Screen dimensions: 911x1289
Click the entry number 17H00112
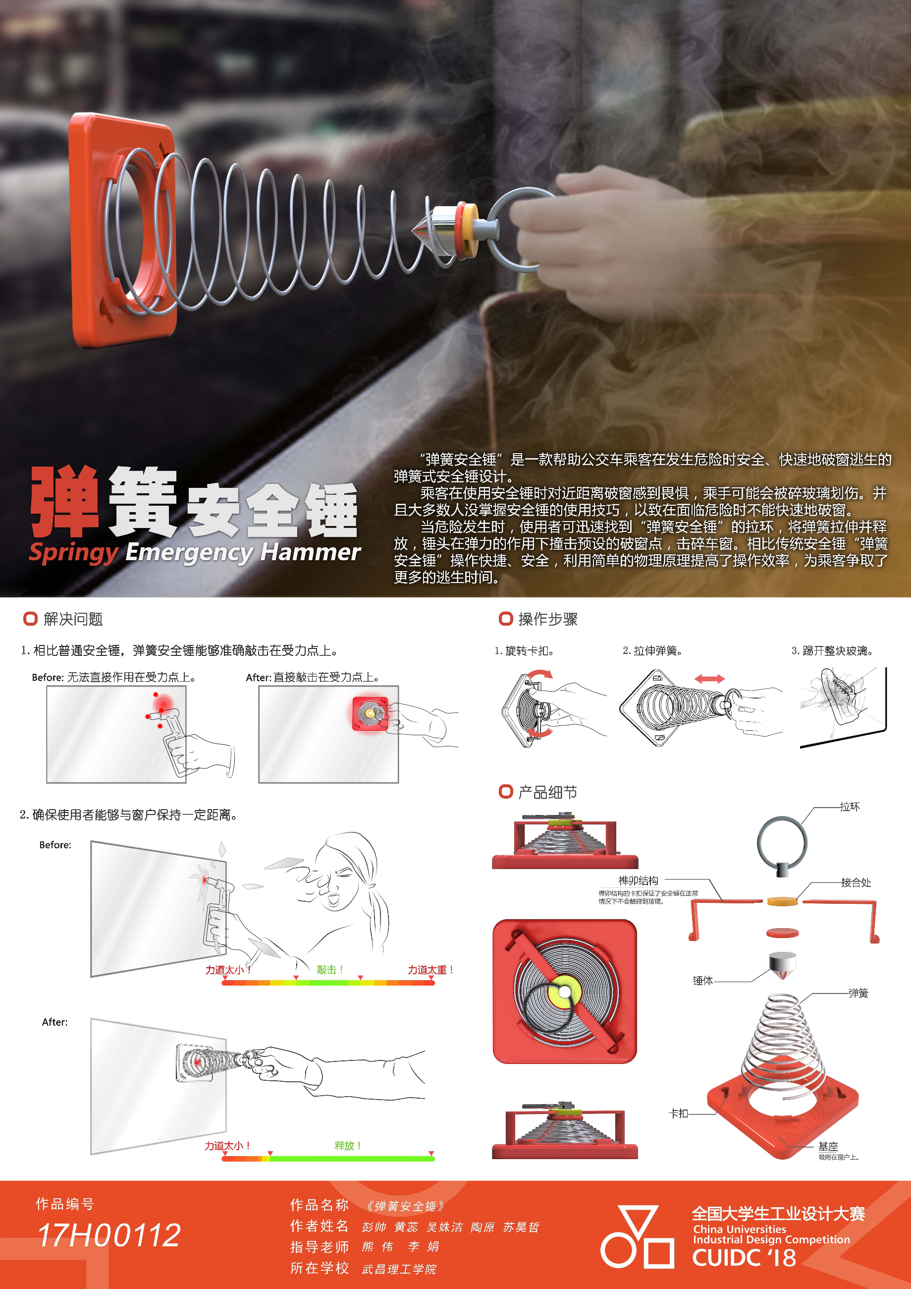tap(109, 1235)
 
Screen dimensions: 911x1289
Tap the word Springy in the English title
tap(73, 553)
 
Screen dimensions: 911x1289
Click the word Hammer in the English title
tap(310, 552)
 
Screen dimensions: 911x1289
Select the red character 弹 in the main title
tap(65, 501)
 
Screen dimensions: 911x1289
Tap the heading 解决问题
tap(73, 619)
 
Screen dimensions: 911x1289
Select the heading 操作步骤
tap(547, 619)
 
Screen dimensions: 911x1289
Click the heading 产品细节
tap(547, 792)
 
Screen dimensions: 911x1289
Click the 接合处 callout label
tap(856, 882)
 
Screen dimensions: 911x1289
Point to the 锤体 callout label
tap(702, 981)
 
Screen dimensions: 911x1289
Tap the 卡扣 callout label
tap(679, 1113)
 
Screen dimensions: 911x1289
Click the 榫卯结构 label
tap(639, 881)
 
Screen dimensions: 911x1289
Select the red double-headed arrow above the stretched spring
tap(709, 679)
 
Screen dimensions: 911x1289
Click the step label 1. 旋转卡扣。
tap(524, 650)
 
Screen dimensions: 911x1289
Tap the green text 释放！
tap(348, 1146)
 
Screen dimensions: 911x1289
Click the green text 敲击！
tap(330, 970)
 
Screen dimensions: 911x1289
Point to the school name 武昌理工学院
tap(399, 1269)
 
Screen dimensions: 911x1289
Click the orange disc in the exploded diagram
tap(783, 902)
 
